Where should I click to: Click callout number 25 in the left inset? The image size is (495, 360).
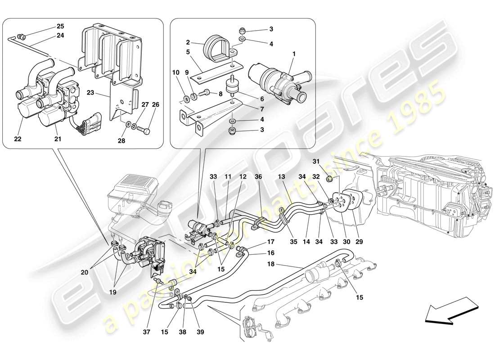pos(60,26)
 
